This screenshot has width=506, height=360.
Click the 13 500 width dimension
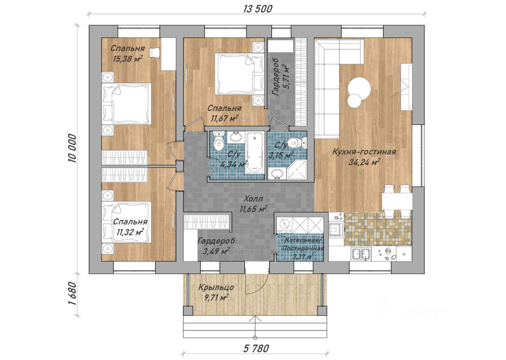coord(258,9)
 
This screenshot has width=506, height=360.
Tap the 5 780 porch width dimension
coord(256,349)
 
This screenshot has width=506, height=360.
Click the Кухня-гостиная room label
coord(364,152)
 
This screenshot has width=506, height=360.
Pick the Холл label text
coord(253,199)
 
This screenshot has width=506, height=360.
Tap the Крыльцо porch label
coord(216,288)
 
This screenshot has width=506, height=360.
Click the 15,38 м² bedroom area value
coord(128,59)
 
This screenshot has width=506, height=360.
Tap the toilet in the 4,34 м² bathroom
coord(219,141)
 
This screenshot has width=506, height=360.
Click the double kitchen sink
coord(361,254)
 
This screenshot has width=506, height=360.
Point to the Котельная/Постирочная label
coord(303,244)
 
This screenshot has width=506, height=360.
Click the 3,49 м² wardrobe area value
coord(216,251)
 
